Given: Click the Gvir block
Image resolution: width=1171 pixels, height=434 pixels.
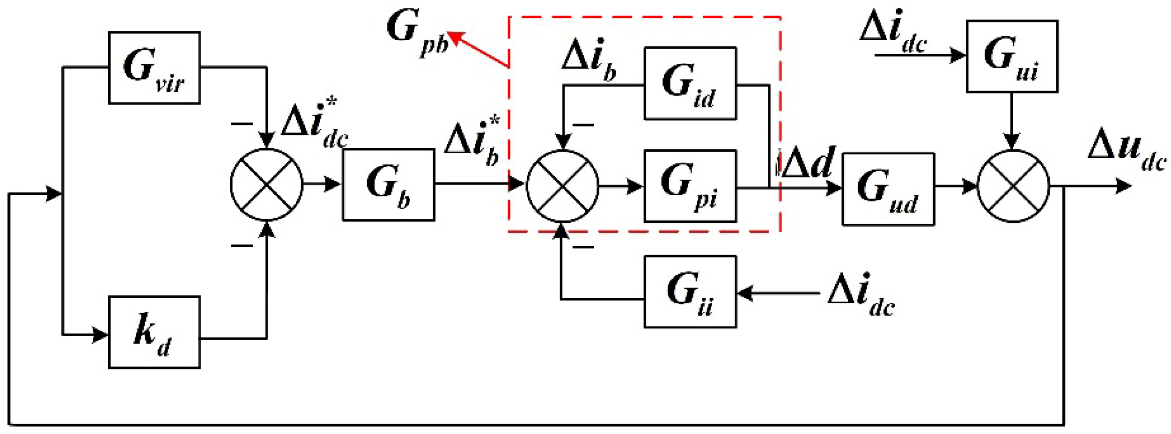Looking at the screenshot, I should point(154,67).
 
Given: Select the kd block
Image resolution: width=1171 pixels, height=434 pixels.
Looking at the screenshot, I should point(154,332).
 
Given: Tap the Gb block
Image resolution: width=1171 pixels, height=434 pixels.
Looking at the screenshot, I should point(388,185).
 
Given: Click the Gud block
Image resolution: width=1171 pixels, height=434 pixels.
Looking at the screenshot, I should point(888,189).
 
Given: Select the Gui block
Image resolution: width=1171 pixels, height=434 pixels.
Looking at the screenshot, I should point(1012,56).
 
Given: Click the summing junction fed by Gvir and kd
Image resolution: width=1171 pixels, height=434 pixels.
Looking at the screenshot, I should point(266,184).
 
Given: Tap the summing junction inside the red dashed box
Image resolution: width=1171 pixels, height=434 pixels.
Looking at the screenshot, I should point(562,186).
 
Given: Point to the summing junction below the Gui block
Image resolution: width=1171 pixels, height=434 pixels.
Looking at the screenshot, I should point(1013,186).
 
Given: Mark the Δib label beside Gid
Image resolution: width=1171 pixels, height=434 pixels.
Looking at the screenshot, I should point(588,60).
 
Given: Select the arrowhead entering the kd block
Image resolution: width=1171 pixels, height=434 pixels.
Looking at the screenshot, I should point(101,335).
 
